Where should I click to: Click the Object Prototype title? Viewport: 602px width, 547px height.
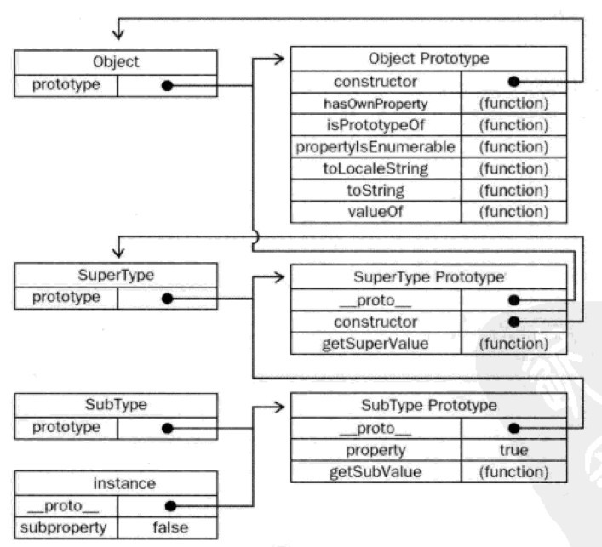(x=428, y=59)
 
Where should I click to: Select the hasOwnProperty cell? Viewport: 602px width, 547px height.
(x=376, y=104)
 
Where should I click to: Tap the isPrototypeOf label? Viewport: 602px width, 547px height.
(x=376, y=125)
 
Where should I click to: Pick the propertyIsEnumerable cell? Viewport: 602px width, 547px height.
(x=376, y=147)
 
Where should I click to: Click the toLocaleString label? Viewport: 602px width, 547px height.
(x=376, y=168)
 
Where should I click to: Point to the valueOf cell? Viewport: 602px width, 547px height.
(x=376, y=212)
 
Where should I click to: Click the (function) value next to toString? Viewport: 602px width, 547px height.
(x=513, y=191)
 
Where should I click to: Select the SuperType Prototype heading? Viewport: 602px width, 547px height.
(x=428, y=277)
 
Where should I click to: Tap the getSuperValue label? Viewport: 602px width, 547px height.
(x=376, y=344)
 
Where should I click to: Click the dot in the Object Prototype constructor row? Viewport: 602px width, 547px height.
(x=513, y=82)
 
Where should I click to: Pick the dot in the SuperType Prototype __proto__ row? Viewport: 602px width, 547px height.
(x=513, y=300)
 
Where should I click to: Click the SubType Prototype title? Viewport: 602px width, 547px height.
(x=429, y=406)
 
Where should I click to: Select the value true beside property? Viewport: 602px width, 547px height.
(x=513, y=450)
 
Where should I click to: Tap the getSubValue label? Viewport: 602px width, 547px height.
(x=376, y=472)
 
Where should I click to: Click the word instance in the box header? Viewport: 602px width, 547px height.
(x=124, y=484)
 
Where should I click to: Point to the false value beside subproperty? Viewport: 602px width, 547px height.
(x=170, y=527)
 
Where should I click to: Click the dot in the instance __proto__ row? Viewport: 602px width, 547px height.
(x=170, y=506)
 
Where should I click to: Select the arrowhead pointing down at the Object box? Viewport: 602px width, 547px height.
(x=118, y=35)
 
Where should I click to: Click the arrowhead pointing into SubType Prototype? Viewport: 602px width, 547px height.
(x=279, y=407)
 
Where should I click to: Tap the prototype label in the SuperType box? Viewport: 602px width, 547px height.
(x=66, y=297)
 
